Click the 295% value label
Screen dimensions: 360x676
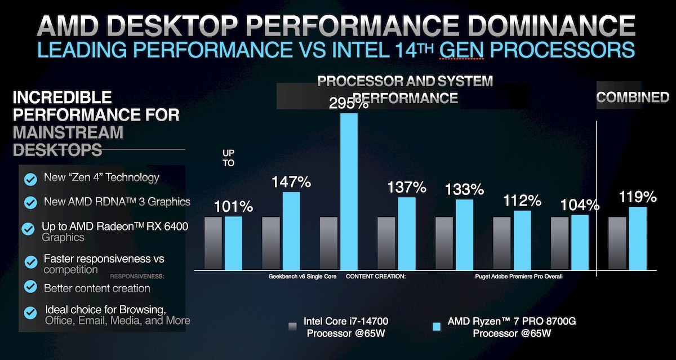[x=349, y=104]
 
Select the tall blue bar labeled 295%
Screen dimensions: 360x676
[x=349, y=192]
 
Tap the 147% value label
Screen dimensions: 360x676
[x=291, y=183]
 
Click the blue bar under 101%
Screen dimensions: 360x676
[x=233, y=243]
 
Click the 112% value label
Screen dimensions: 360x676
[x=522, y=201]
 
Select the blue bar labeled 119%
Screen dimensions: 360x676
[x=637, y=238]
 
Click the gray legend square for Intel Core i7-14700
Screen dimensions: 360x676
[x=292, y=327]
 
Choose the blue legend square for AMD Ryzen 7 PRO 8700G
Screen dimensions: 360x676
[x=435, y=327]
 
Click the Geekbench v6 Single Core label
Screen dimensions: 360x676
[x=303, y=277]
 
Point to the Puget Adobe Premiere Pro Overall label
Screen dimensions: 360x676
[x=518, y=277]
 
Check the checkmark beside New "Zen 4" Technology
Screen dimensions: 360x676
[x=30, y=179]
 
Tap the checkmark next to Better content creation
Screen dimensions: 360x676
[x=30, y=288]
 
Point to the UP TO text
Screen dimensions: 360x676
[x=229, y=158]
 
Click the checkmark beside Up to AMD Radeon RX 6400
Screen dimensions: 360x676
[x=28, y=229]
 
